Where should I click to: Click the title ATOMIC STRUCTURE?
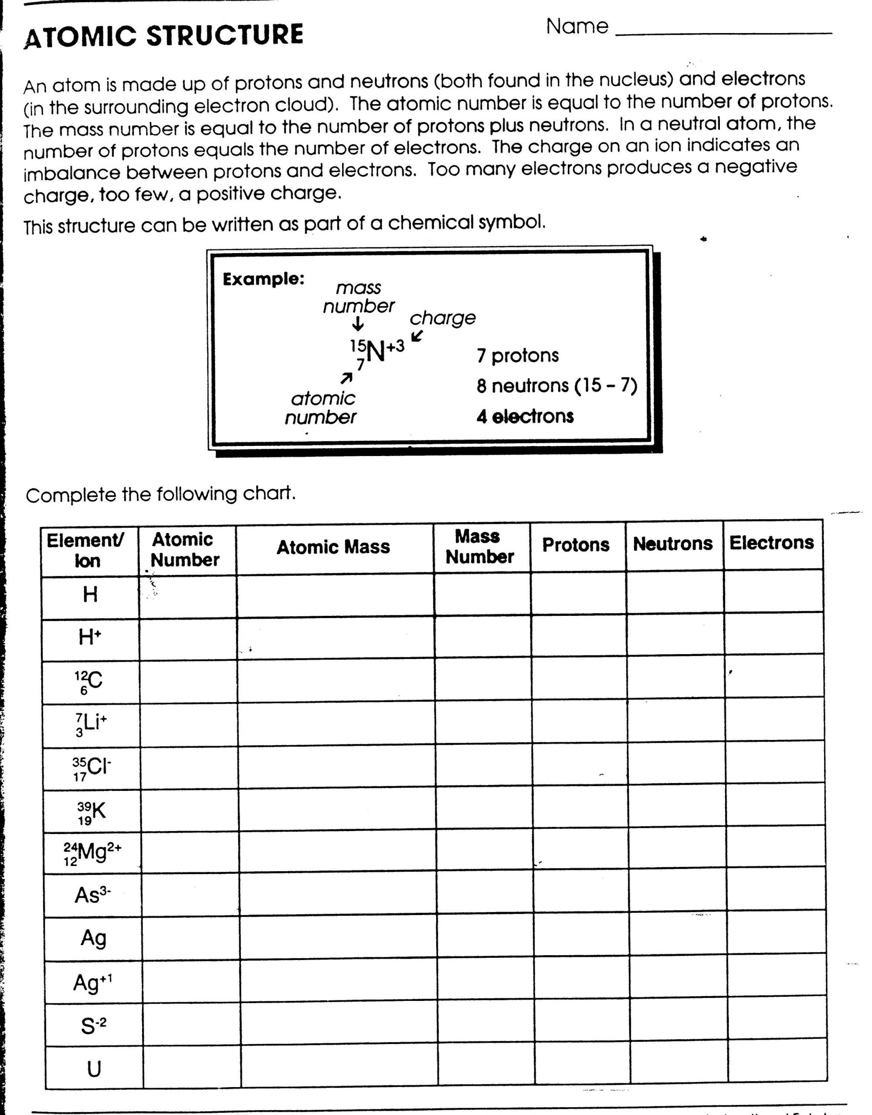(163, 36)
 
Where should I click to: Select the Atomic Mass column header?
(333, 548)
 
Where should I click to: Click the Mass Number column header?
(479, 547)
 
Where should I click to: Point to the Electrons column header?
(771, 543)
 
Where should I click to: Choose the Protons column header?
(576, 545)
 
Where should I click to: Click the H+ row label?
(90, 638)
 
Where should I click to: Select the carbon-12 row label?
(89, 682)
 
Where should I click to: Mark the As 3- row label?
(92, 895)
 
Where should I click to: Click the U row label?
(94, 1069)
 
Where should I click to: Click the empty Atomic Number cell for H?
(187, 596)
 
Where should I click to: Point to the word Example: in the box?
(264, 279)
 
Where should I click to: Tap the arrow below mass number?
(358, 324)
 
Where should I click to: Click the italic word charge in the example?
(442, 318)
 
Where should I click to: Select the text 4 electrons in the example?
(525, 416)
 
